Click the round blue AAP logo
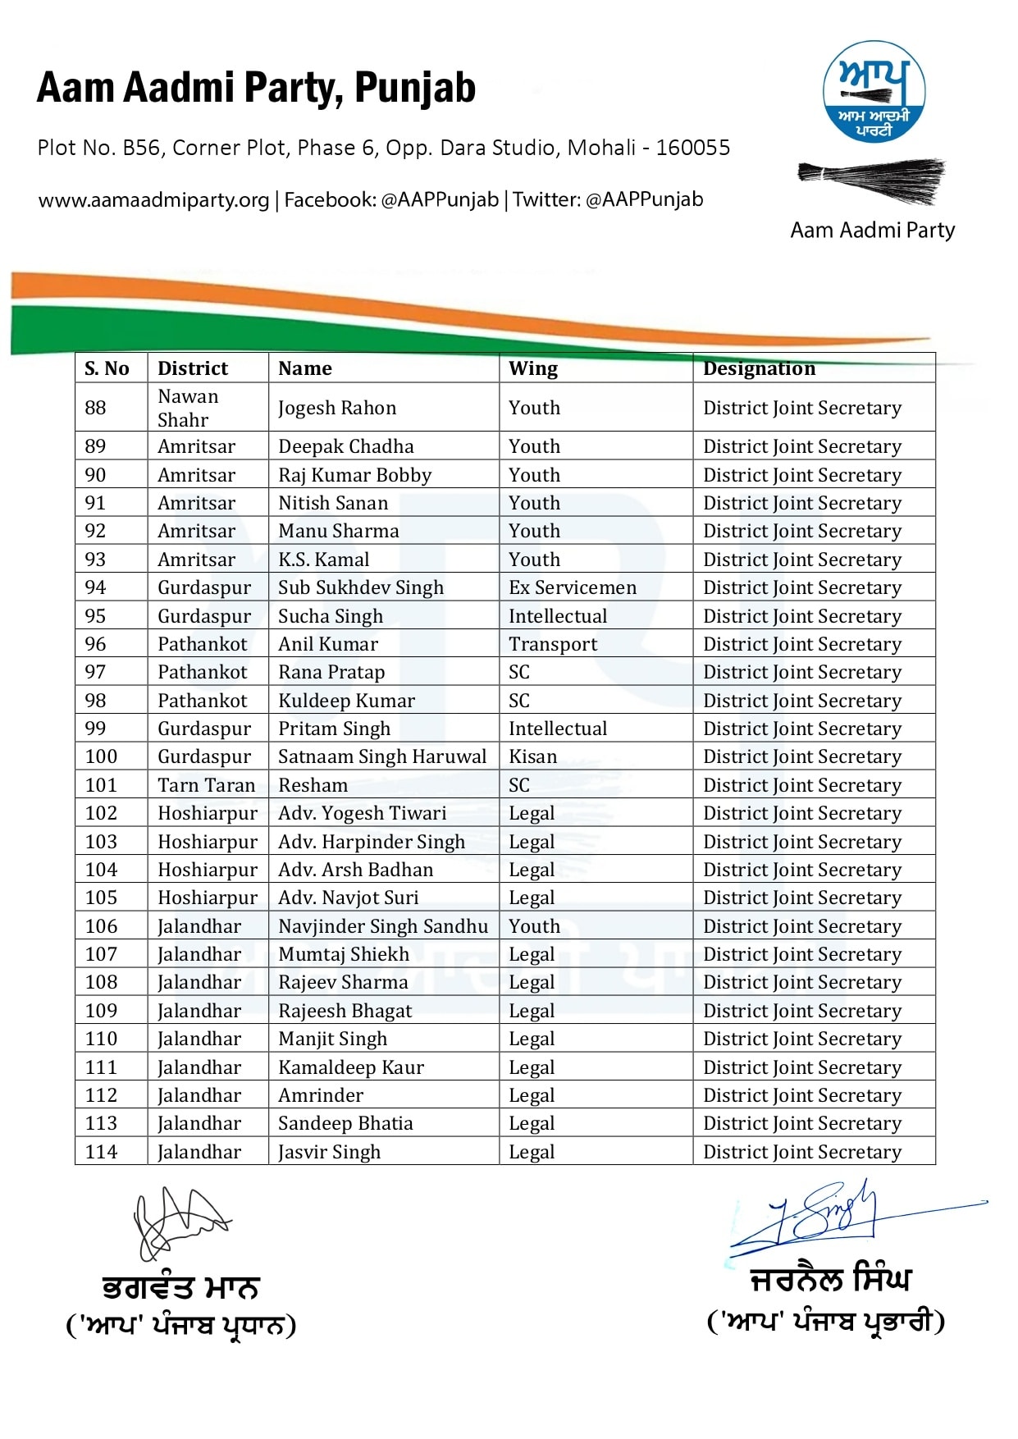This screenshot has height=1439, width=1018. pyautogui.click(x=874, y=91)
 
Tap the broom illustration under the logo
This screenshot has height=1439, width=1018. pyautogui.click(x=871, y=180)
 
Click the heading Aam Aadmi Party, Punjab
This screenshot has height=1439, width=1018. pyautogui.click(x=256, y=88)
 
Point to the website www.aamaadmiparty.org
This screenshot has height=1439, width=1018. pyautogui.click(x=153, y=200)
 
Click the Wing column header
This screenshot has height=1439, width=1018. pyautogui.click(x=532, y=368)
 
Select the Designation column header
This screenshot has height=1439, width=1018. pyautogui.click(x=759, y=368)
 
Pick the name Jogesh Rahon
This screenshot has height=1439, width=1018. pyautogui.click(x=336, y=408)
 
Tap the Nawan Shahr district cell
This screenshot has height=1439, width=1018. pyautogui.click(x=188, y=408)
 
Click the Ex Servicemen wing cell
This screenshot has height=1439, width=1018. pyautogui.click(x=572, y=587)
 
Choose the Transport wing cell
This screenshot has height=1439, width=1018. pyautogui.click(x=552, y=644)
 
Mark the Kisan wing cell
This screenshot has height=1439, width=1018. pyautogui.click(x=532, y=756)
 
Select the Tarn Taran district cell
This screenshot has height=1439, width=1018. pyautogui.click(x=206, y=785)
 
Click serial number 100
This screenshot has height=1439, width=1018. pyautogui.click(x=101, y=756)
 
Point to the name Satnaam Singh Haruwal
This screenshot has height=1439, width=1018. pyautogui.click(x=381, y=756)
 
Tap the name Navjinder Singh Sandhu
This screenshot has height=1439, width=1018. pyautogui.click(x=382, y=926)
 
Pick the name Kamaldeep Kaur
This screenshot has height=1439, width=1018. pyautogui.click(x=350, y=1067)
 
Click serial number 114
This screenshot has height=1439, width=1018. pyautogui.click(x=101, y=1152)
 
